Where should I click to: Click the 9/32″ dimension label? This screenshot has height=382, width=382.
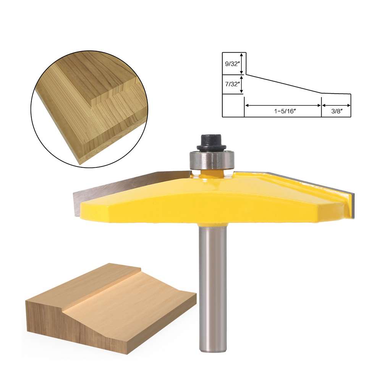232,64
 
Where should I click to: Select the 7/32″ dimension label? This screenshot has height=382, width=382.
232,84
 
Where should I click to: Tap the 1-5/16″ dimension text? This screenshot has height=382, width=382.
285,111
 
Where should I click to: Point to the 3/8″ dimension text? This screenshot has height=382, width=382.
337,111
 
